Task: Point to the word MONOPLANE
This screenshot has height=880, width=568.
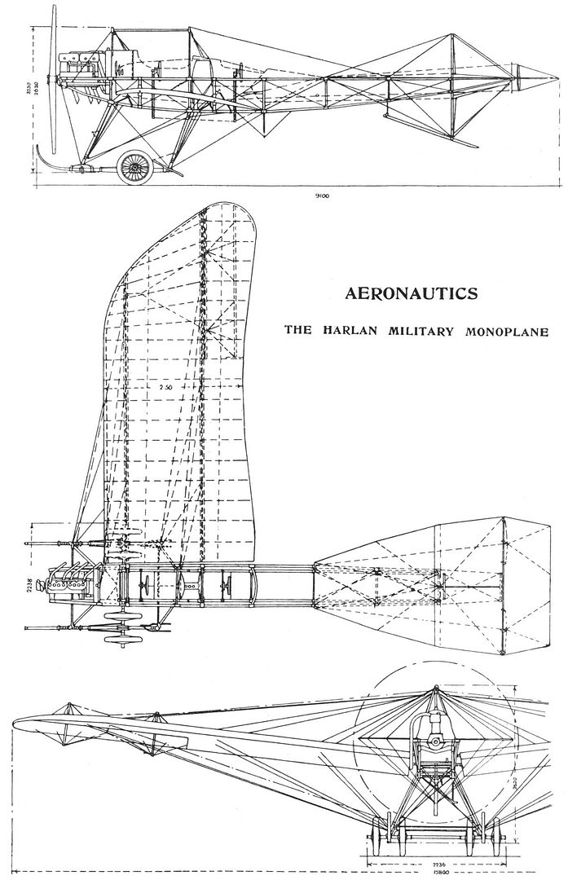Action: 502,332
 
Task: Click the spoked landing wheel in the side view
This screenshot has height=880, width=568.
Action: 131,167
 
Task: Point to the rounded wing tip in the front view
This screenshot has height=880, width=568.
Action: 24,721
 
